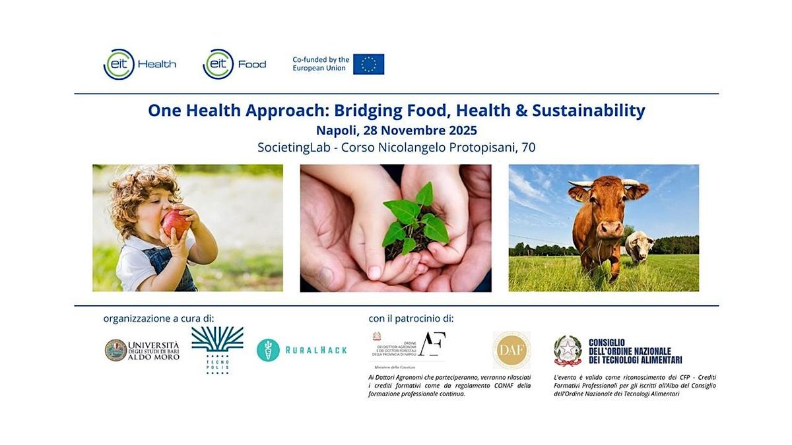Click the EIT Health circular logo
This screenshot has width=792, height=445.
point(119,65)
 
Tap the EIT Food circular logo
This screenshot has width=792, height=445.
point(218,65)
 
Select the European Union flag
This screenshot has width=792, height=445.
point(368,64)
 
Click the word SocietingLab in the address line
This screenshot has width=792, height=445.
point(292,148)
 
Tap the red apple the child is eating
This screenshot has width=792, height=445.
point(176,223)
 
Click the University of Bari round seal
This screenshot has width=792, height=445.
point(115,350)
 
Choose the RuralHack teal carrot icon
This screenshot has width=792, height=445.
point(267,349)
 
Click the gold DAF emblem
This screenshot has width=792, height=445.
point(511,350)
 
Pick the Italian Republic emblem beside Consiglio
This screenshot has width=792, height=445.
point(568,350)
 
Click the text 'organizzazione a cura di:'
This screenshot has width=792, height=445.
point(158,318)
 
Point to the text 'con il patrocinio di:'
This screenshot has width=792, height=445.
point(411,318)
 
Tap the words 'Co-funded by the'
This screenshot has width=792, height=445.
point(321,59)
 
